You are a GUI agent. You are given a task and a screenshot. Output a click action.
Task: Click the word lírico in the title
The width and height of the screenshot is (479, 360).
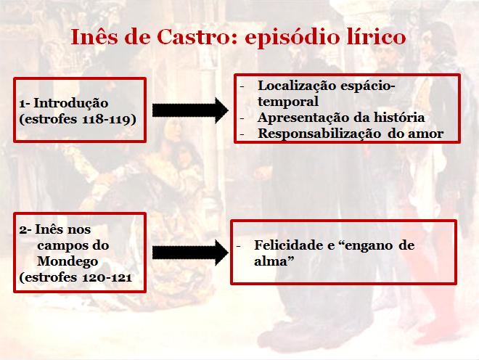click(x=372, y=38)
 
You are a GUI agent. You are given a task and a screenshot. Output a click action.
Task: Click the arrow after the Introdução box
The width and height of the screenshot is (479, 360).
click(x=190, y=110)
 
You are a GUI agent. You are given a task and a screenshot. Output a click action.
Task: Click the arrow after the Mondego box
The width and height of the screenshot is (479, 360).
click(x=190, y=253)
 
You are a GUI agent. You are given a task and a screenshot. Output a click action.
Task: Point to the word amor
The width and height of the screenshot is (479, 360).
click(x=426, y=133)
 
